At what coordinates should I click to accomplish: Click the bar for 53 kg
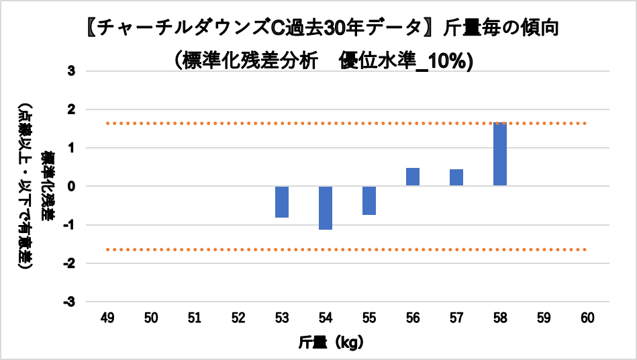(x=282, y=201)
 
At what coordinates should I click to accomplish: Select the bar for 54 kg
(x=326, y=208)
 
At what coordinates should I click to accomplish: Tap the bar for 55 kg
(x=369, y=200)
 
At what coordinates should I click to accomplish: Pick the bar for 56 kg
(x=413, y=177)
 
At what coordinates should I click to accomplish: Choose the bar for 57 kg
(x=456, y=177)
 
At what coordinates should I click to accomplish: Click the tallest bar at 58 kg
(x=500, y=154)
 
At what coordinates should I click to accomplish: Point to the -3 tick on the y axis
(x=70, y=302)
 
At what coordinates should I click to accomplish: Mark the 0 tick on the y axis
(x=72, y=186)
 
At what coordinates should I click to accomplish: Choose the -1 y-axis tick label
(x=70, y=225)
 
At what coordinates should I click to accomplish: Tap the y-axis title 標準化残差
(x=48, y=186)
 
